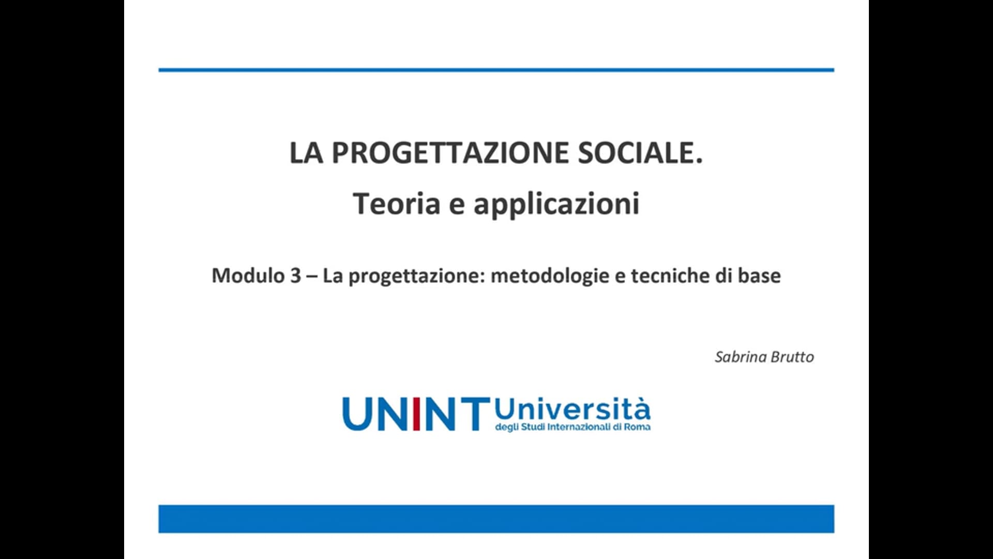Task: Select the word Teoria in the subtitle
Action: [397, 203]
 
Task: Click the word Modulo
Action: [248, 275]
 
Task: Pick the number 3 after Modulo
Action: [295, 276]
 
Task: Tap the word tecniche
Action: [670, 275]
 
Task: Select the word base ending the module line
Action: [759, 275]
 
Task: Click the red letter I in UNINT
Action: [416, 414]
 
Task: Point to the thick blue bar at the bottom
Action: [496, 519]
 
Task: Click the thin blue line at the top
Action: [496, 70]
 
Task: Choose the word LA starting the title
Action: [306, 153]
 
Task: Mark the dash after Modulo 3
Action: [312, 276]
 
